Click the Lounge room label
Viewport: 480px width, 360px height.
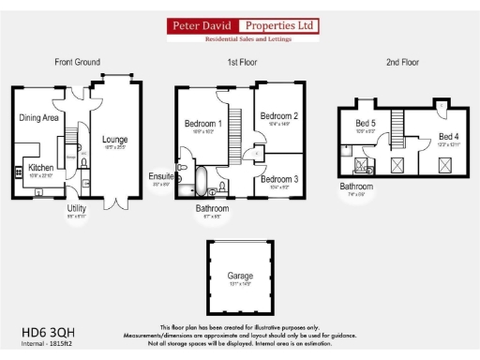115,140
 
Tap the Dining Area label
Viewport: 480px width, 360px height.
39,118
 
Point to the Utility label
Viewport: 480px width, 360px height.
76,207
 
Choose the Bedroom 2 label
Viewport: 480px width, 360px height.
280,115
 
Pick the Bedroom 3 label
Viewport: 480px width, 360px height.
280,179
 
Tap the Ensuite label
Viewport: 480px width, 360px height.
160,176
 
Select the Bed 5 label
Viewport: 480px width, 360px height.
366,124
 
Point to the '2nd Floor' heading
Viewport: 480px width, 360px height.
404,63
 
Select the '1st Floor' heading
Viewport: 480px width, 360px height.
243,63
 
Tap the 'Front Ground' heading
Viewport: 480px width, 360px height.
77,63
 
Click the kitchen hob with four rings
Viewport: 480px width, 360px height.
19,172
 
